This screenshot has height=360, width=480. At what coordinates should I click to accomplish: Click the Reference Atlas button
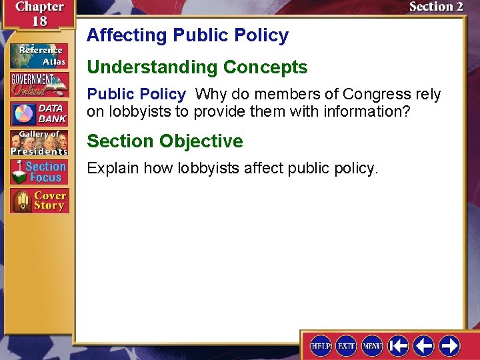(39, 55)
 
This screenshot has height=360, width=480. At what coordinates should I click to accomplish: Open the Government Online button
(39, 84)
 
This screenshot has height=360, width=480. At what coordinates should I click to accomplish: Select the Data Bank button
(39, 114)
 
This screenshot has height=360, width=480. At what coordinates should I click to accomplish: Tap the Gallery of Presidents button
(39, 143)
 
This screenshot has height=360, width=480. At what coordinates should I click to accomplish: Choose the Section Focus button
(39, 172)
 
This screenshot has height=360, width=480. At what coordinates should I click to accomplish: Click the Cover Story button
(39, 201)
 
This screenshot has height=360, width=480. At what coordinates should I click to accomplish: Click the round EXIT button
(346, 345)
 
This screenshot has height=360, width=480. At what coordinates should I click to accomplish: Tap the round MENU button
(372, 345)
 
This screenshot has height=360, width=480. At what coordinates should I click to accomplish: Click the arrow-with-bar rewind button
(398, 345)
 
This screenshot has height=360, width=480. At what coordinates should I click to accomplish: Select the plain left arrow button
(423, 345)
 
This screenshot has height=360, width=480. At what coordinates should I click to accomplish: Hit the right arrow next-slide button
(449, 345)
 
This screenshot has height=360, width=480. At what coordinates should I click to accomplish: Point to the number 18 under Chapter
(40, 21)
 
